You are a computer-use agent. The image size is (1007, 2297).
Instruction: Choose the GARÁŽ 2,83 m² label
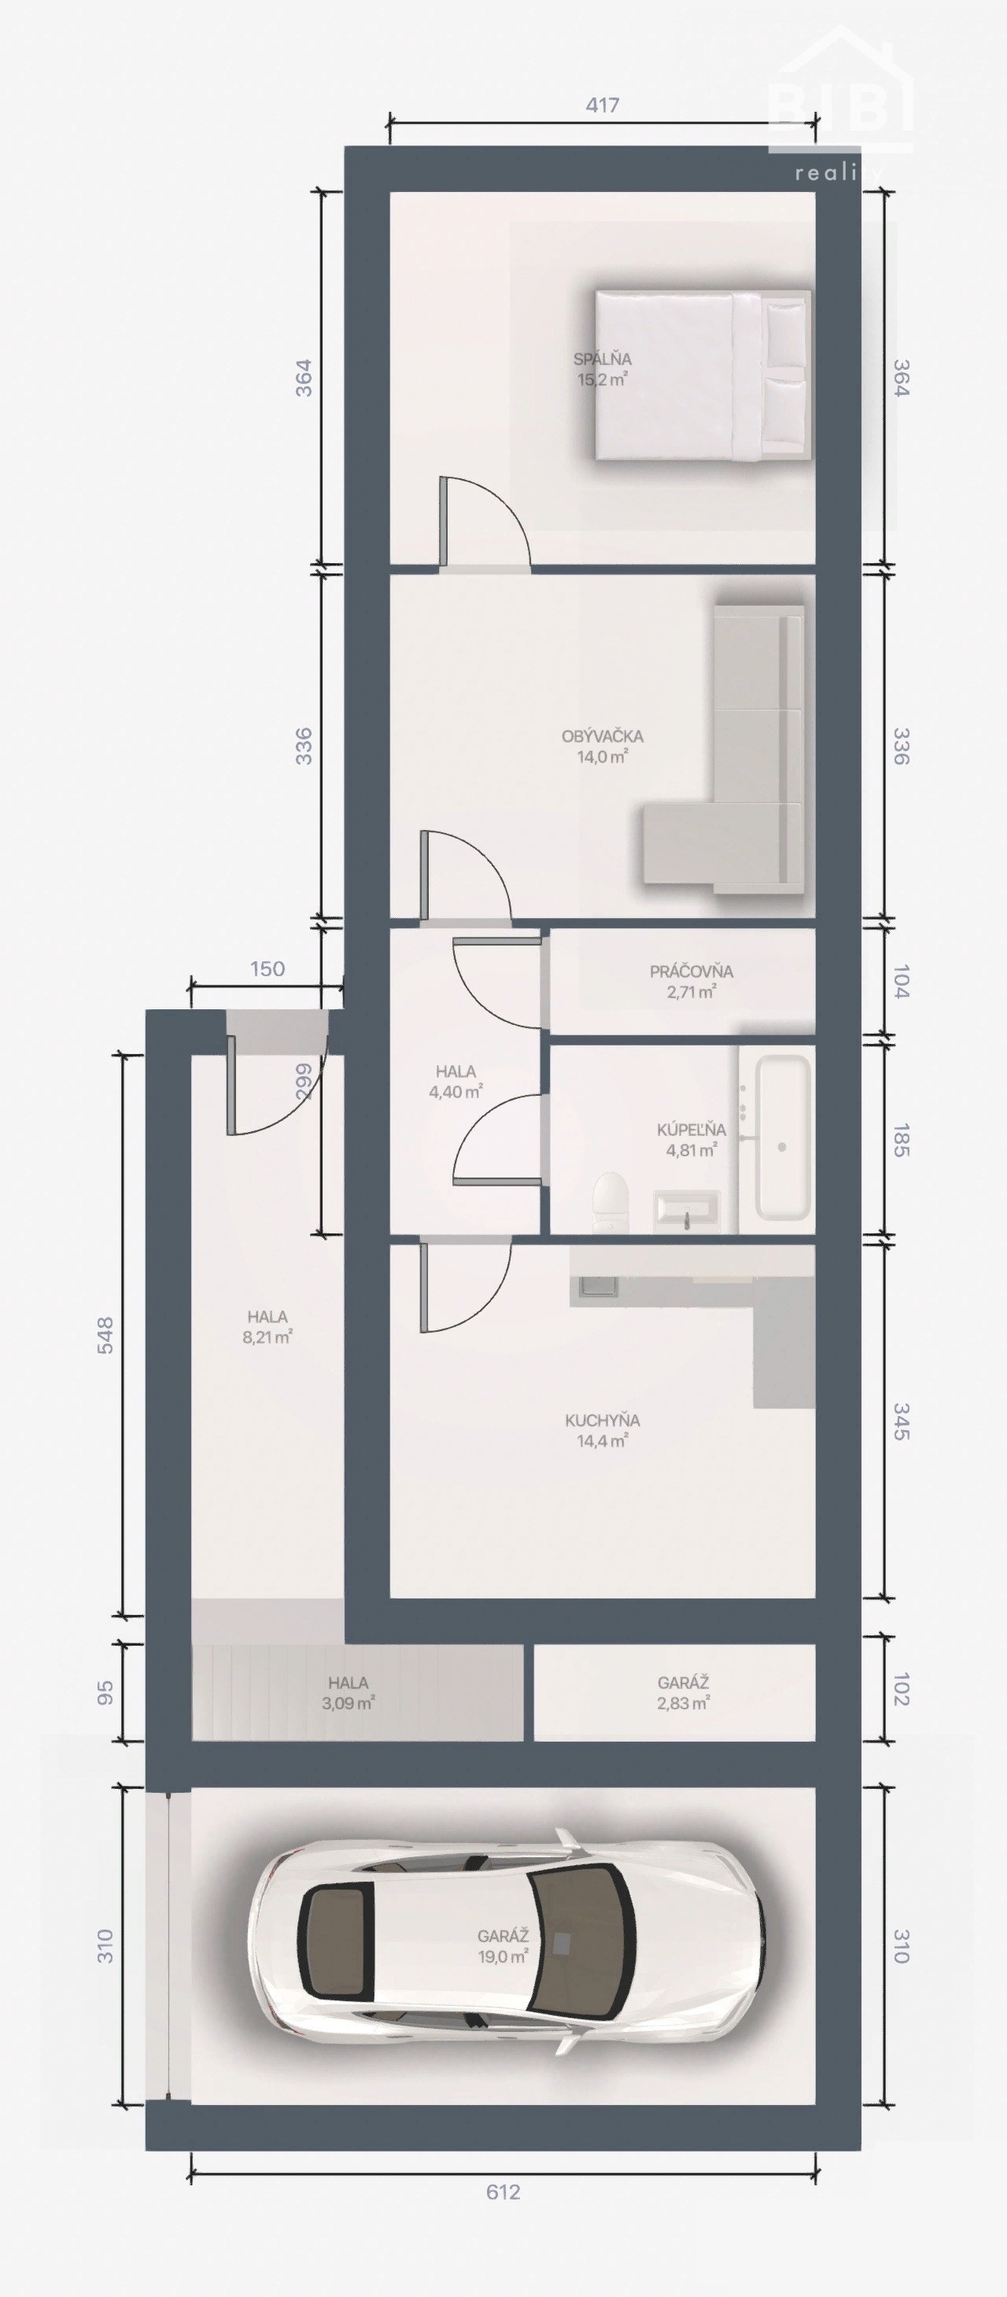(x=683, y=1692)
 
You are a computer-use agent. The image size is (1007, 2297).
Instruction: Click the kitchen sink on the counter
(x=596, y=1287)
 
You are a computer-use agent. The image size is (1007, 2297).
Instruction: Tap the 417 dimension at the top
(x=602, y=105)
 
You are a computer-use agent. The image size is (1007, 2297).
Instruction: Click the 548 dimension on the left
(x=105, y=1335)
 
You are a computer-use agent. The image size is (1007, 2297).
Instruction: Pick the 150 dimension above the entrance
(x=267, y=968)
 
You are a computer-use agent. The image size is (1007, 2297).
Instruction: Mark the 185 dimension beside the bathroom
(x=901, y=1141)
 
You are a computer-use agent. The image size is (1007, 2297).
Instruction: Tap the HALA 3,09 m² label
(x=348, y=1692)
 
